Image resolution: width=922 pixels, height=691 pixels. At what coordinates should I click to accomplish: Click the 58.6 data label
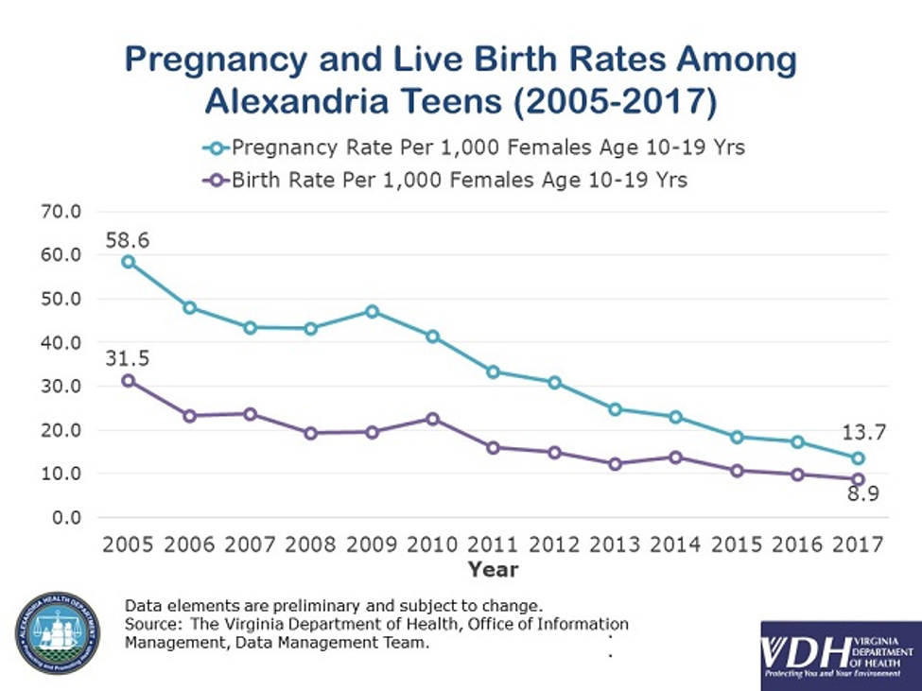pos(128,240)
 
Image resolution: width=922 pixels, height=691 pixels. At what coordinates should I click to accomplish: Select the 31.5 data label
pos(128,358)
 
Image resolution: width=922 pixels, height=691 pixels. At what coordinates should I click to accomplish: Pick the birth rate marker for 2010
pos(432,419)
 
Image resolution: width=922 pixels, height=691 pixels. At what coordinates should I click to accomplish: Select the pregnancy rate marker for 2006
pos(190,307)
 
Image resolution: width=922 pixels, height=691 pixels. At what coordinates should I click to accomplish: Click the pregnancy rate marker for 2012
pos(554,382)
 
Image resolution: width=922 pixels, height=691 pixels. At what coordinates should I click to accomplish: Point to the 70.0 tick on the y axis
pos(58,211)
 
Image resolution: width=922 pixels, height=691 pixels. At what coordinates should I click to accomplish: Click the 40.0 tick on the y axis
pos(58,342)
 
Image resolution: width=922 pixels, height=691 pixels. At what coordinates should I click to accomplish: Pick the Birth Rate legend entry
pos(444,180)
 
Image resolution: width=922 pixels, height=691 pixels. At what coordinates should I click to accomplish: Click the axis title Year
pos(492,569)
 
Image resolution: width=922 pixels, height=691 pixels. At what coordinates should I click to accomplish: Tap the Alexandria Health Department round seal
pos(57,633)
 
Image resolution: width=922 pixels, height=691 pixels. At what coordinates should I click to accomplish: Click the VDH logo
pos(840,655)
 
